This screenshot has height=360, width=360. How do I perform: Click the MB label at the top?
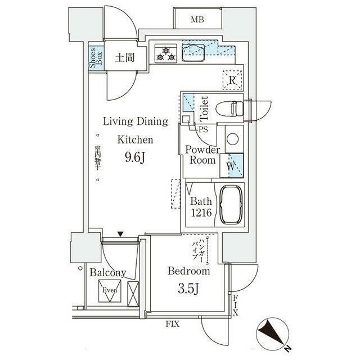point(196,21)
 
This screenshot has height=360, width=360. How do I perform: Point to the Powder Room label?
point(201,155)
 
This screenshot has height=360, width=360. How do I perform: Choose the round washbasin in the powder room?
point(232,139)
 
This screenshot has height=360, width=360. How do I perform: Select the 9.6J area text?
point(135,158)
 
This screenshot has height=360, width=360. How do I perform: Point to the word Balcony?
point(107,273)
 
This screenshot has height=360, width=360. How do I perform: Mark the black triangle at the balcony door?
point(120,234)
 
